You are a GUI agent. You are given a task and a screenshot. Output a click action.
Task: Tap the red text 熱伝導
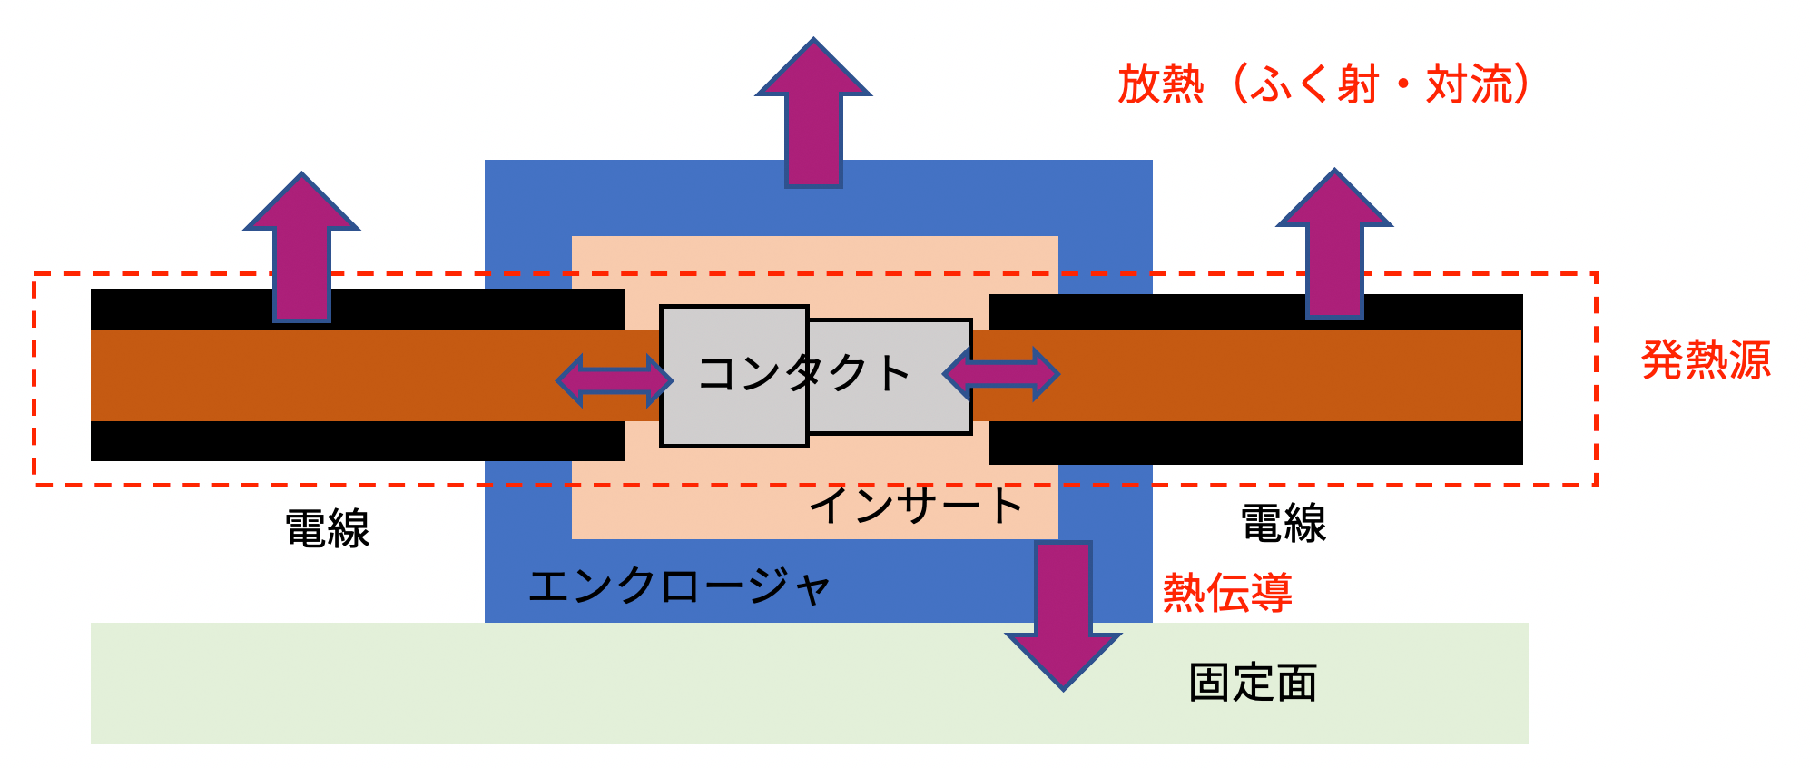click(1227, 593)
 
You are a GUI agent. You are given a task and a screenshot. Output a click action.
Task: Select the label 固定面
click(1253, 683)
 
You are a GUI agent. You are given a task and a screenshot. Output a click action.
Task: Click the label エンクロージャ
click(679, 586)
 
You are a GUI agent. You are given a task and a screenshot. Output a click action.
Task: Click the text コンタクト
click(803, 373)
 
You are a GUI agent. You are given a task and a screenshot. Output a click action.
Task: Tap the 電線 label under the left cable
click(328, 528)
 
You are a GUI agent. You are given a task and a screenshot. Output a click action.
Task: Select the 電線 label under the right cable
click(1284, 524)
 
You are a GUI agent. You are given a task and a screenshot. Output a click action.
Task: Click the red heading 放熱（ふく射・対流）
click(1323, 84)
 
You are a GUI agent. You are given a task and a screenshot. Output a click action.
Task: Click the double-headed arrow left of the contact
click(615, 379)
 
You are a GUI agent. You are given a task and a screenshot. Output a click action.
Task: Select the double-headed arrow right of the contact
click(1001, 373)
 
